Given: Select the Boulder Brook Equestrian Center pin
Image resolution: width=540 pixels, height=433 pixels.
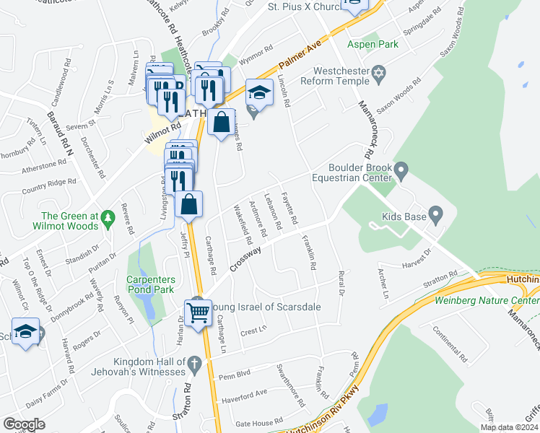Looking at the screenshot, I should coord(402,170).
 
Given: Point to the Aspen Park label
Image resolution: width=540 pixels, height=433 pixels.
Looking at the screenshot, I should coord(373,44).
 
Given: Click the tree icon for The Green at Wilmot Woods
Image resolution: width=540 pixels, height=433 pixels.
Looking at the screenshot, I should coord(108,216).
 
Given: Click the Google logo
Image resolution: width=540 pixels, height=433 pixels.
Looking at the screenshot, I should coord(24,424).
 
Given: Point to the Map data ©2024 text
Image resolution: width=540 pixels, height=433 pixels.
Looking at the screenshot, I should coord(508,427).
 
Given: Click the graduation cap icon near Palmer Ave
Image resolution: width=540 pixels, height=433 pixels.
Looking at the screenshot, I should coord(259,92).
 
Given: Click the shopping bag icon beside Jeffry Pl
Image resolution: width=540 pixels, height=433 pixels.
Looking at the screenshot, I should coord(188,205).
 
